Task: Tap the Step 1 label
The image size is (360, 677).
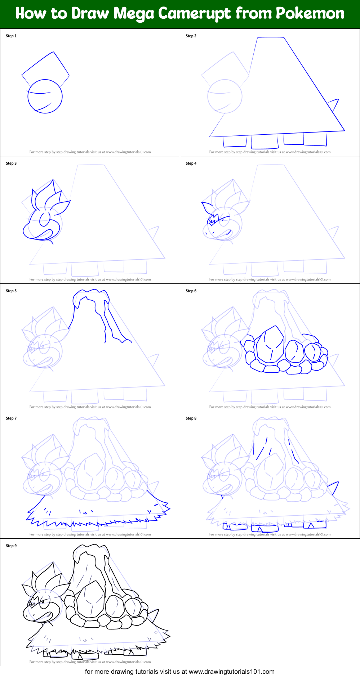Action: coord(11,36)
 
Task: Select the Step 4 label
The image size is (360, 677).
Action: coord(191,163)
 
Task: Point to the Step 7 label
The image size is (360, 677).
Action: coord(11,418)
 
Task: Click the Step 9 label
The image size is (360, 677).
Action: coord(11,546)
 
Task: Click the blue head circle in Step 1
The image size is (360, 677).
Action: coord(45,96)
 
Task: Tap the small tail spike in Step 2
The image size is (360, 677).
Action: coord(335,105)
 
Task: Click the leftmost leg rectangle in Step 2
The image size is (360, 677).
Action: coord(235,142)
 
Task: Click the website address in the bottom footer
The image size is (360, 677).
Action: coord(231,672)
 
